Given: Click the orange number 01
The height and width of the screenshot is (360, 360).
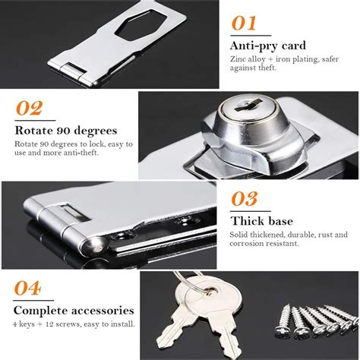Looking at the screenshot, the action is [x=244, y=24].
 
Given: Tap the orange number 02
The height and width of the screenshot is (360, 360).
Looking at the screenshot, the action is [x=29, y=108].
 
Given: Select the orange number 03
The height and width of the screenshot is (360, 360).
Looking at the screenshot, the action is [x=245, y=199].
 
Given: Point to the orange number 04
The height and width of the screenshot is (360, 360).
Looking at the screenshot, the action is [x=27, y=288].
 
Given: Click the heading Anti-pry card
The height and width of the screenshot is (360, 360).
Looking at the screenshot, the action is [x=268, y=46].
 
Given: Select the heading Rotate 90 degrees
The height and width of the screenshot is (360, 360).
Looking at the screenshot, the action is [x=66, y=131].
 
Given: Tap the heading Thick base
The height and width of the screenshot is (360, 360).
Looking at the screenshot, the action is [x=262, y=221].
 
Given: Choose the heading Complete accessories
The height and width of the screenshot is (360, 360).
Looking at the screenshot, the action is [x=74, y=311].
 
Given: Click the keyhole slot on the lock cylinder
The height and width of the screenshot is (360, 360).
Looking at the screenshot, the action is [x=248, y=106].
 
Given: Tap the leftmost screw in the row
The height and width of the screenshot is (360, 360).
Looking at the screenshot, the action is [x=283, y=321].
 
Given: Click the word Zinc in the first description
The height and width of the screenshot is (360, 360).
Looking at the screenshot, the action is [x=238, y=59].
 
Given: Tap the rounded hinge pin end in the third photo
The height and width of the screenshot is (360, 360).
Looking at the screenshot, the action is [x=94, y=245].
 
